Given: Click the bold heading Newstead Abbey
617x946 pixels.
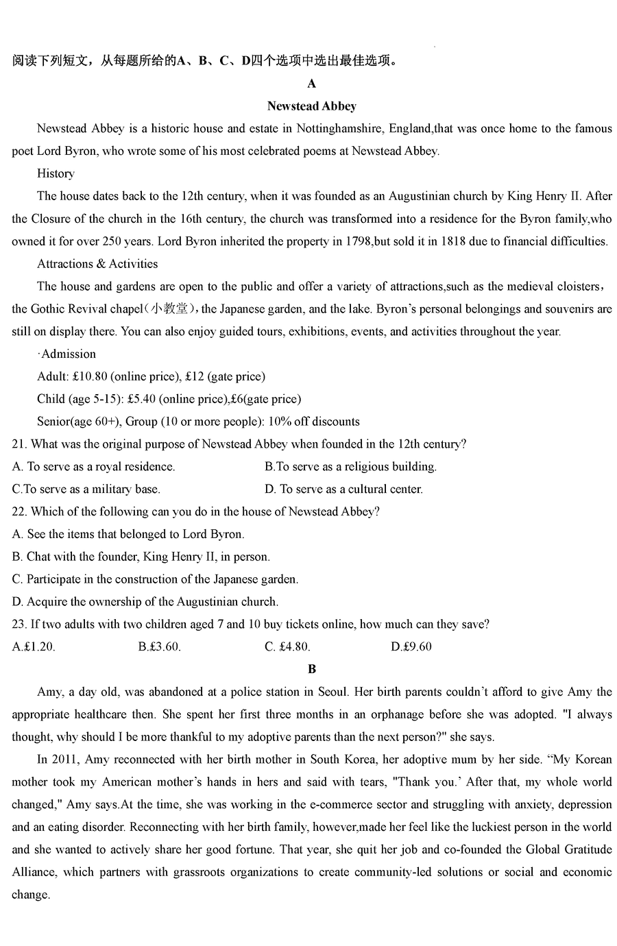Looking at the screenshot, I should coord(311,106).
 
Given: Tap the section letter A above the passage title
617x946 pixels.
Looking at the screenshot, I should coord(312,84).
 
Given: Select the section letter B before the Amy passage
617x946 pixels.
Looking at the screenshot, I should coord(312,669).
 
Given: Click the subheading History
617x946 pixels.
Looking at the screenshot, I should coord(56,173).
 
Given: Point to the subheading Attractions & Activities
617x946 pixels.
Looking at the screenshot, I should coord(97,264).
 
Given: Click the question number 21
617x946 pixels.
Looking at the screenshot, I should coord(19,444).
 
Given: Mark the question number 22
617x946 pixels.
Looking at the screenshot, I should coord(19,511).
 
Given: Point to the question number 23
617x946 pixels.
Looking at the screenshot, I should coord(19,624).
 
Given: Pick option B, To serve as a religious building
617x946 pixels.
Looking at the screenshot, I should coord(350,467).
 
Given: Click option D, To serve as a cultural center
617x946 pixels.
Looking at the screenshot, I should coord(343,489).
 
